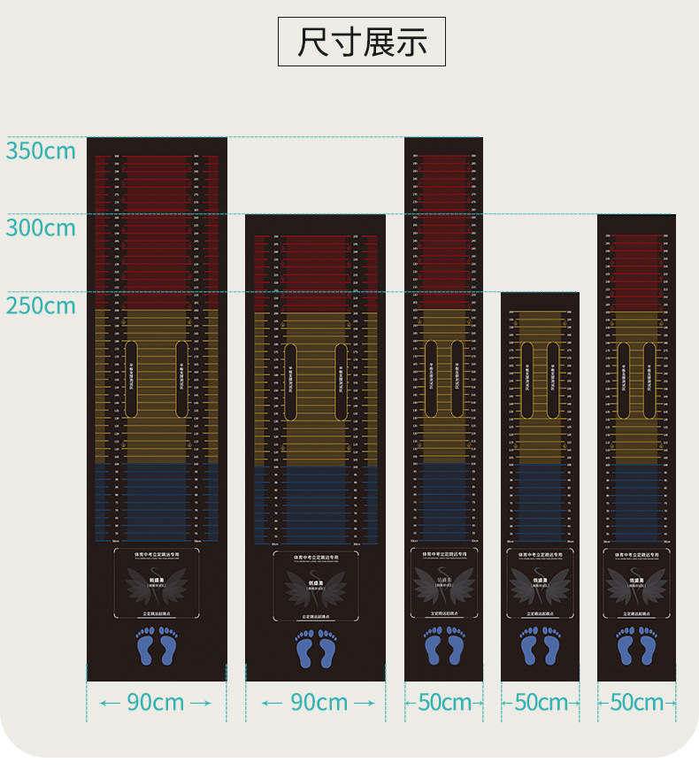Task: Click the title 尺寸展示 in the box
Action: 362,42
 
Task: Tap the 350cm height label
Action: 41,150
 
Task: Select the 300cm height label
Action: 41,227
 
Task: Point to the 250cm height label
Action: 41,305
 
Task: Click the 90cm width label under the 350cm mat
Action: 156,703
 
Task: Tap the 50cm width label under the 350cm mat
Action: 444,703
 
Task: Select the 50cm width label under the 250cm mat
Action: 541,703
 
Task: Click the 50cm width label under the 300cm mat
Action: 637,703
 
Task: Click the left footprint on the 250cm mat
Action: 530,646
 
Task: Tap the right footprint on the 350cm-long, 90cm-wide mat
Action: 168,647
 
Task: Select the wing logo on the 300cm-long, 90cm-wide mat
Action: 316,587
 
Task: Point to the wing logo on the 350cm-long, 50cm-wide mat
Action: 444,585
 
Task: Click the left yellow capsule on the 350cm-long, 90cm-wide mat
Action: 131,379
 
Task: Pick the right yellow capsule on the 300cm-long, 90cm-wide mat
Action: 341,382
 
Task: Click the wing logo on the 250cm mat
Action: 541,586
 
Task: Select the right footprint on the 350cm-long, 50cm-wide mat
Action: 455,646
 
